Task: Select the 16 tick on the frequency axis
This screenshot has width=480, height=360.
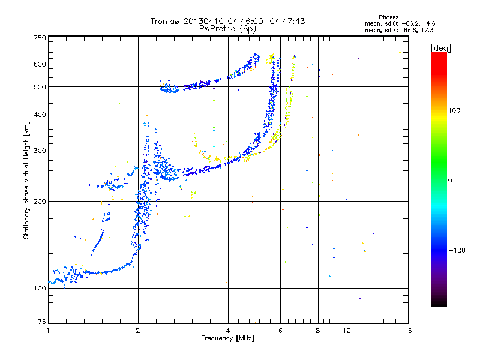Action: click(407, 331)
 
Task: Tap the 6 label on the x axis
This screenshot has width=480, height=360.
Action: click(280, 331)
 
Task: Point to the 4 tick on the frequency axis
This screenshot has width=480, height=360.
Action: click(228, 331)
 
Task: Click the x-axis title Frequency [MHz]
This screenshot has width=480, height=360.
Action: click(227, 339)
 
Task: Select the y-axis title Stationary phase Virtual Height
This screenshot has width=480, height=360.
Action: click(26, 181)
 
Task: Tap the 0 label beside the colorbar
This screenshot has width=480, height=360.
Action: click(450, 180)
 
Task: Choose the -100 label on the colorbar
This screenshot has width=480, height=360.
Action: click(455, 250)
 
